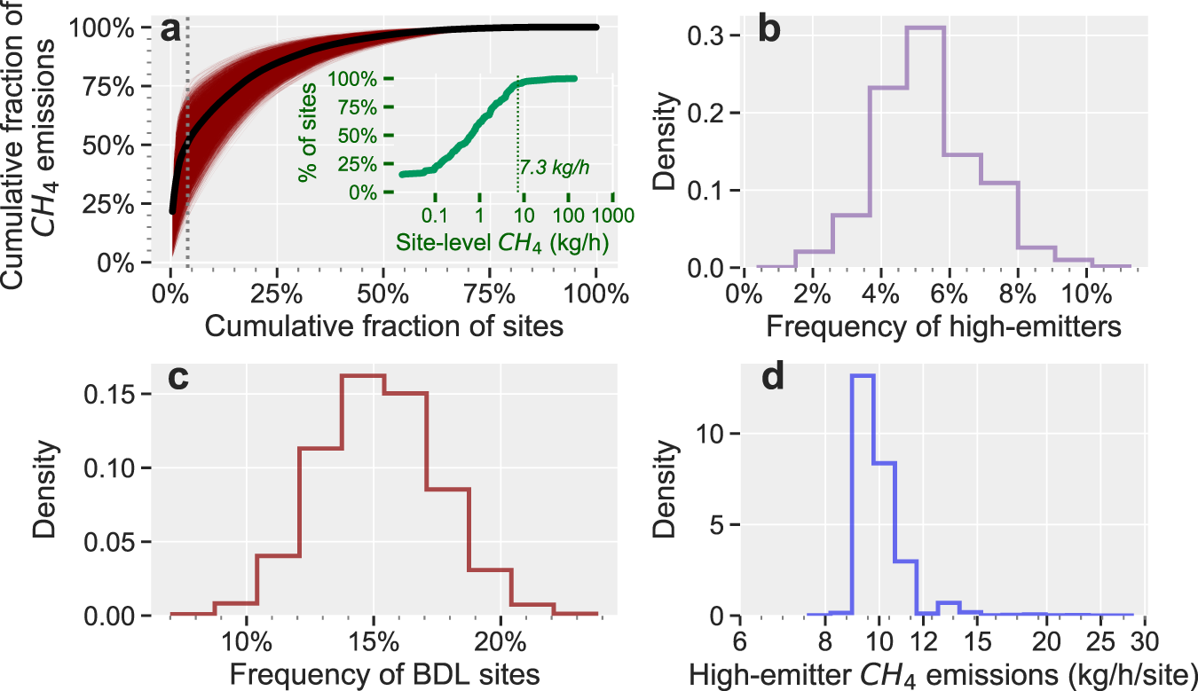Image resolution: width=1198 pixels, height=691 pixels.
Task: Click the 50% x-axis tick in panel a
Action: pyautogui.click(x=383, y=294)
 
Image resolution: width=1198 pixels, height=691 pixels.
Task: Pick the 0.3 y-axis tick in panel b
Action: pyautogui.click(x=705, y=35)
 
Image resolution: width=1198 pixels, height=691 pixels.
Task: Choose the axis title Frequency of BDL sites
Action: pyautogui.click(x=384, y=674)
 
